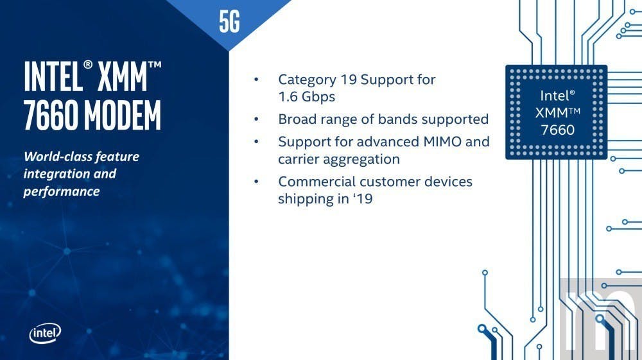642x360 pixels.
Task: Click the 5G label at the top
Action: click(x=229, y=22)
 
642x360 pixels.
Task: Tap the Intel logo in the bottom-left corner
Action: click(x=45, y=334)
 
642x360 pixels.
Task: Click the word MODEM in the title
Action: click(x=123, y=115)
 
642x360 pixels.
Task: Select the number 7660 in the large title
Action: click(x=51, y=115)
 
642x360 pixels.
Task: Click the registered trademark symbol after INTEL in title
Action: click(x=88, y=65)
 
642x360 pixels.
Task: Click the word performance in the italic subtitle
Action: click(x=62, y=191)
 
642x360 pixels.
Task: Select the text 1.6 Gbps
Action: click(x=307, y=97)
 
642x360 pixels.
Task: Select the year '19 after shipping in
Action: click(x=363, y=199)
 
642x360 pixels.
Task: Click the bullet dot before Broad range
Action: click(x=256, y=119)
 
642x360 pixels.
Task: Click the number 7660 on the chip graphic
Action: click(x=558, y=130)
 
